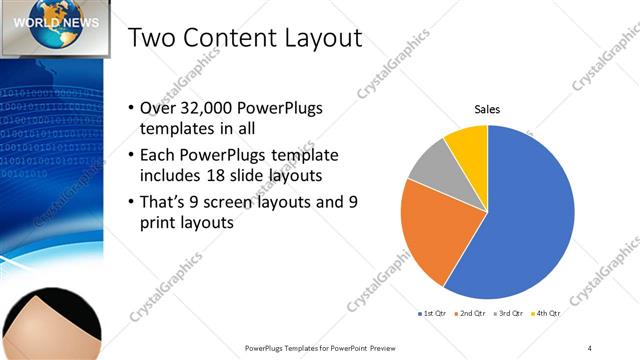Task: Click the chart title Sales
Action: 487,110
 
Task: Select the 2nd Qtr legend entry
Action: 472,315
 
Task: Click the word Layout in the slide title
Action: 316,40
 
